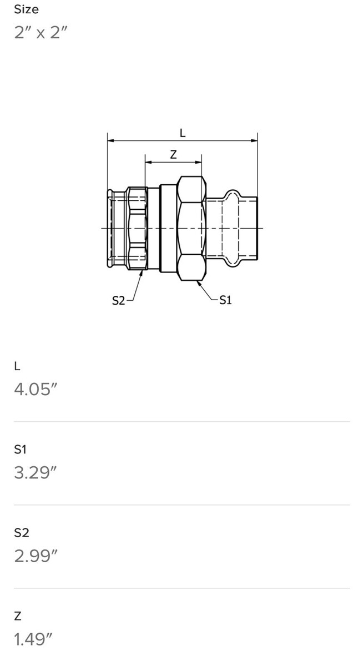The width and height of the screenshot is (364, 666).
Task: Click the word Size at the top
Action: [26, 9]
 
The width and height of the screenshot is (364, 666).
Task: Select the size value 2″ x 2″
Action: [41, 33]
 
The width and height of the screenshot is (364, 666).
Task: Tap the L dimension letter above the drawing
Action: [183, 133]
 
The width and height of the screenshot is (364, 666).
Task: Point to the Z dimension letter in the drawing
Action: [173, 154]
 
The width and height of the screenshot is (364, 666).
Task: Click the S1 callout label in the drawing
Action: [225, 300]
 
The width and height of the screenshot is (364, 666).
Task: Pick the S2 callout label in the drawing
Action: [118, 301]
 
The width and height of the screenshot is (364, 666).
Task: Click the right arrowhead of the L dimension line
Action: [254, 140]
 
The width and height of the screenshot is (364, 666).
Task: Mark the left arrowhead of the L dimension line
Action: [111, 140]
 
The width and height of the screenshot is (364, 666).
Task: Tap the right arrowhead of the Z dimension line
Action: [198, 162]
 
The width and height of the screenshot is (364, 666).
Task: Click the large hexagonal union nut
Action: [192, 228]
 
